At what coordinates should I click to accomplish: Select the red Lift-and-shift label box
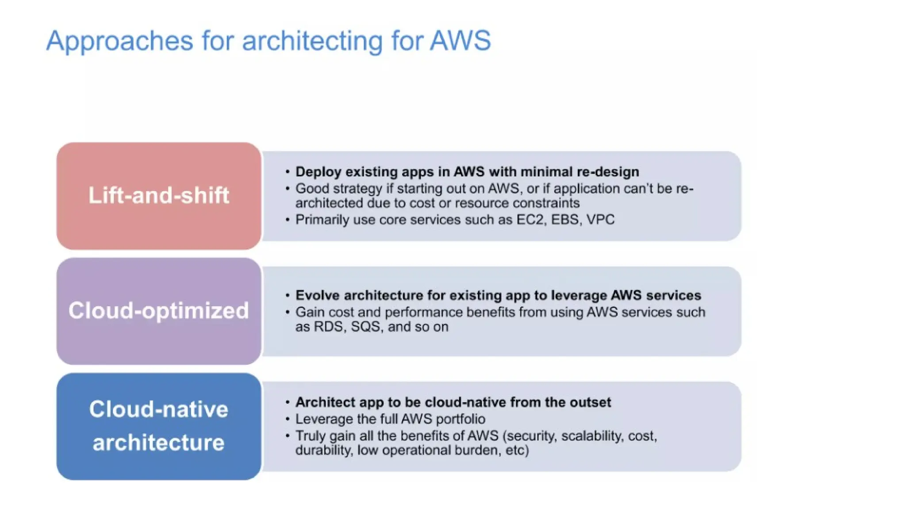point(158,196)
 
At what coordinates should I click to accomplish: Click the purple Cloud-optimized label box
point(158,311)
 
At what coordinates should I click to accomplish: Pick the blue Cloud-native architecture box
point(158,426)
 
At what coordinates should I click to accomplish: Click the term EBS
point(565,220)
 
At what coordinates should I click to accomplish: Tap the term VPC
point(600,220)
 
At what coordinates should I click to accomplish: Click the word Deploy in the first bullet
point(318,172)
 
